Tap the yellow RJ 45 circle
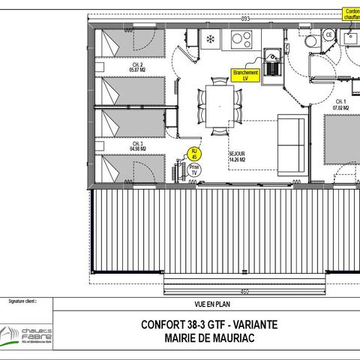pyautogui.click(x=194, y=154)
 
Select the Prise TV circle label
pyautogui.click(x=194, y=169)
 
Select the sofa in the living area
pyautogui.click(x=291, y=142)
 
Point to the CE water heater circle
pyautogui.click(x=328, y=34)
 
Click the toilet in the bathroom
pyautogui.click(x=310, y=38)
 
